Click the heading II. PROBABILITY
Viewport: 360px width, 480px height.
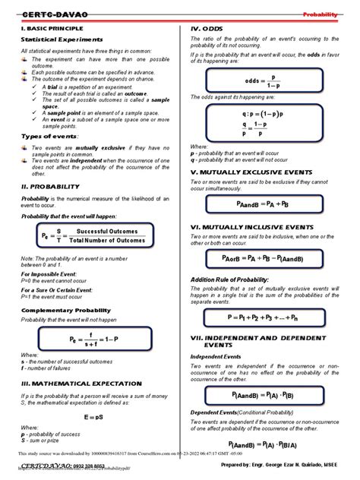point(50,185)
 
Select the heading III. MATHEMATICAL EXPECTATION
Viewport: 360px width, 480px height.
point(84,384)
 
